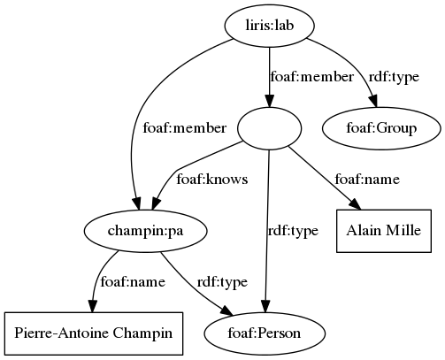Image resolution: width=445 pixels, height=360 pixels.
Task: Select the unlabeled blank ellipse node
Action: pyautogui.click(x=269, y=129)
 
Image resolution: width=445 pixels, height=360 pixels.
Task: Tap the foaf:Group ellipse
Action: pyautogui.click(x=381, y=129)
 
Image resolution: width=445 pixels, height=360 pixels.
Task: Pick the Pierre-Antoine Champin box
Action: pyautogui.click(x=93, y=333)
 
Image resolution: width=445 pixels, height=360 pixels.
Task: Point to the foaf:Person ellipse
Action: pyautogui.click(x=265, y=333)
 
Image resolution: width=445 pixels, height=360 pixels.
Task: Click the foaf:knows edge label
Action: pyautogui.click(x=212, y=180)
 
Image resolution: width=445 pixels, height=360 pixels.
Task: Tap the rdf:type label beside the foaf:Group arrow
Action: pyautogui.click(x=392, y=78)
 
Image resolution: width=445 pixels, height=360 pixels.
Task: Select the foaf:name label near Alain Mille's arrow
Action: pyautogui.click(x=367, y=180)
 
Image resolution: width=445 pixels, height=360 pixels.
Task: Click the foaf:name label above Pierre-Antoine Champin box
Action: pyautogui.click(x=134, y=282)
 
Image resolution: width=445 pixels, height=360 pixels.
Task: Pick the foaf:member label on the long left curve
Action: pyautogui.click(x=184, y=129)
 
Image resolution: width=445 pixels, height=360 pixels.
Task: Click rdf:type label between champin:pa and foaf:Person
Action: pyautogui.click(x=222, y=282)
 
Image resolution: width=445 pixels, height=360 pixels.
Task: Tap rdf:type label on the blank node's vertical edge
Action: pyautogui.click(x=293, y=231)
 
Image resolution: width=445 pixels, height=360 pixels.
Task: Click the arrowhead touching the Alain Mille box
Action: pyautogui.click(x=356, y=205)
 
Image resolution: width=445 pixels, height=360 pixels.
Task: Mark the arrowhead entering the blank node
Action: pyautogui.click(x=269, y=100)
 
